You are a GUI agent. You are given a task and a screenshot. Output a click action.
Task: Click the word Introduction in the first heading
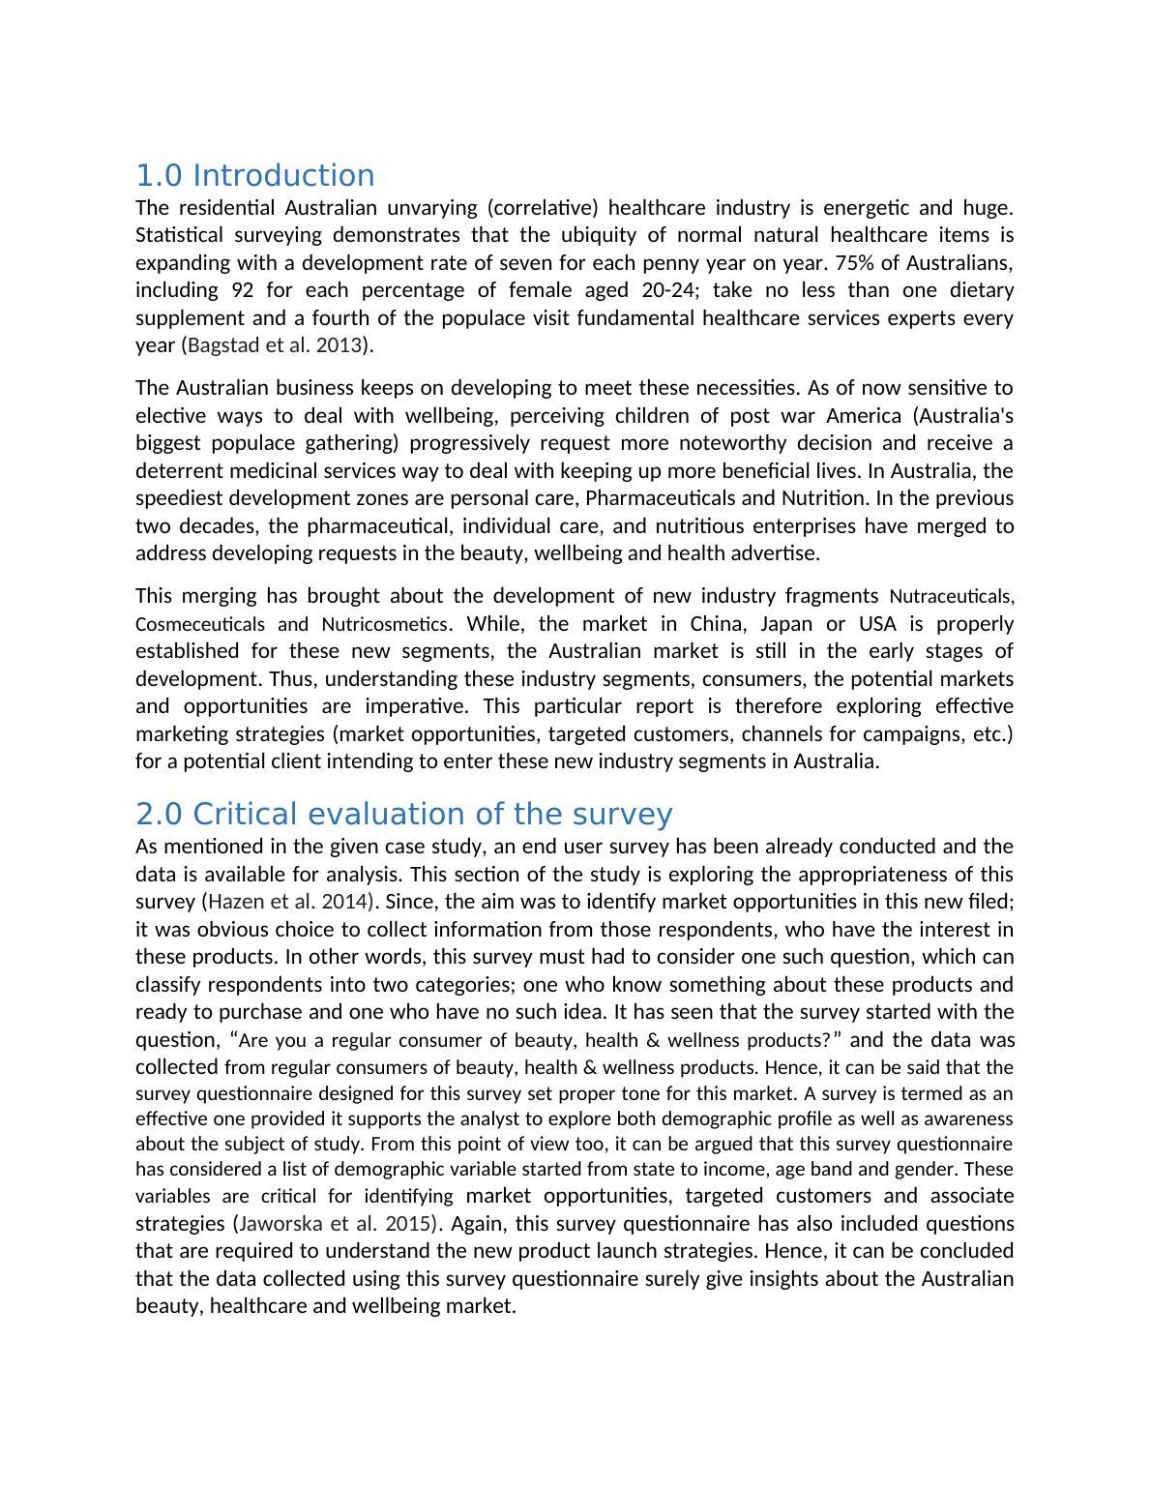283,176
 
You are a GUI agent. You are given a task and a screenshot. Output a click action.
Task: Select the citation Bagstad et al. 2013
275,345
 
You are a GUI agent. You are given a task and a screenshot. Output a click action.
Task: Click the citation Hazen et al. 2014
288,902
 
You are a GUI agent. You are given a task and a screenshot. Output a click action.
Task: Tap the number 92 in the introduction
244,290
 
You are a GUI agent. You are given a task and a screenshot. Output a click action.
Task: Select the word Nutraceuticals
951,596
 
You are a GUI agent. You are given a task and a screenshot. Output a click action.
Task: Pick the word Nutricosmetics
384,624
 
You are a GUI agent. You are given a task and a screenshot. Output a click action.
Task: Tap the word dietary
980,290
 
